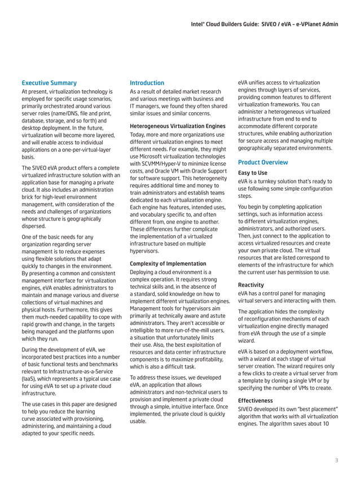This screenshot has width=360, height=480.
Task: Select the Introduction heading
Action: [147, 83]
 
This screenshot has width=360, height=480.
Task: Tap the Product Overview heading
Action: [263, 162]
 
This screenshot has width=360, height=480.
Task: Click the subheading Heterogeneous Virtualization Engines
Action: [178, 126]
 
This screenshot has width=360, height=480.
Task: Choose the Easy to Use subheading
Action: [253, 173]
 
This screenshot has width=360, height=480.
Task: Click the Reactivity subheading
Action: [252, 285]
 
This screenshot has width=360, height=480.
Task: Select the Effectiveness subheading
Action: [256, 400]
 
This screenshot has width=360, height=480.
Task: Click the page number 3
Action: [336, 460]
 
